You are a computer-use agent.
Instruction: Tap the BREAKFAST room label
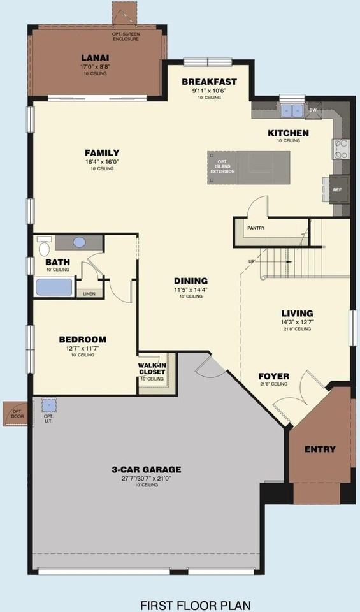209,82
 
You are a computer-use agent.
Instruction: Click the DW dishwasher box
313,110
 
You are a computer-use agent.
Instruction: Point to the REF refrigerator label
337,189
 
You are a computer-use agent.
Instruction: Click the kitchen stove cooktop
340,149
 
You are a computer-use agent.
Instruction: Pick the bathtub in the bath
54,286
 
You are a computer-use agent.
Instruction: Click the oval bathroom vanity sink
80,242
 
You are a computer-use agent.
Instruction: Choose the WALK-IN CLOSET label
152,368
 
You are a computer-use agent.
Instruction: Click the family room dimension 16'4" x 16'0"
102,162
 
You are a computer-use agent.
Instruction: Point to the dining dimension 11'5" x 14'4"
191,289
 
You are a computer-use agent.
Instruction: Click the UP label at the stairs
252,261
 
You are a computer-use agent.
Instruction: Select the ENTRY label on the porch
320,449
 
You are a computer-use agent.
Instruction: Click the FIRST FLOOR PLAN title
196,604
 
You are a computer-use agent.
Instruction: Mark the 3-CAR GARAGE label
147,470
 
